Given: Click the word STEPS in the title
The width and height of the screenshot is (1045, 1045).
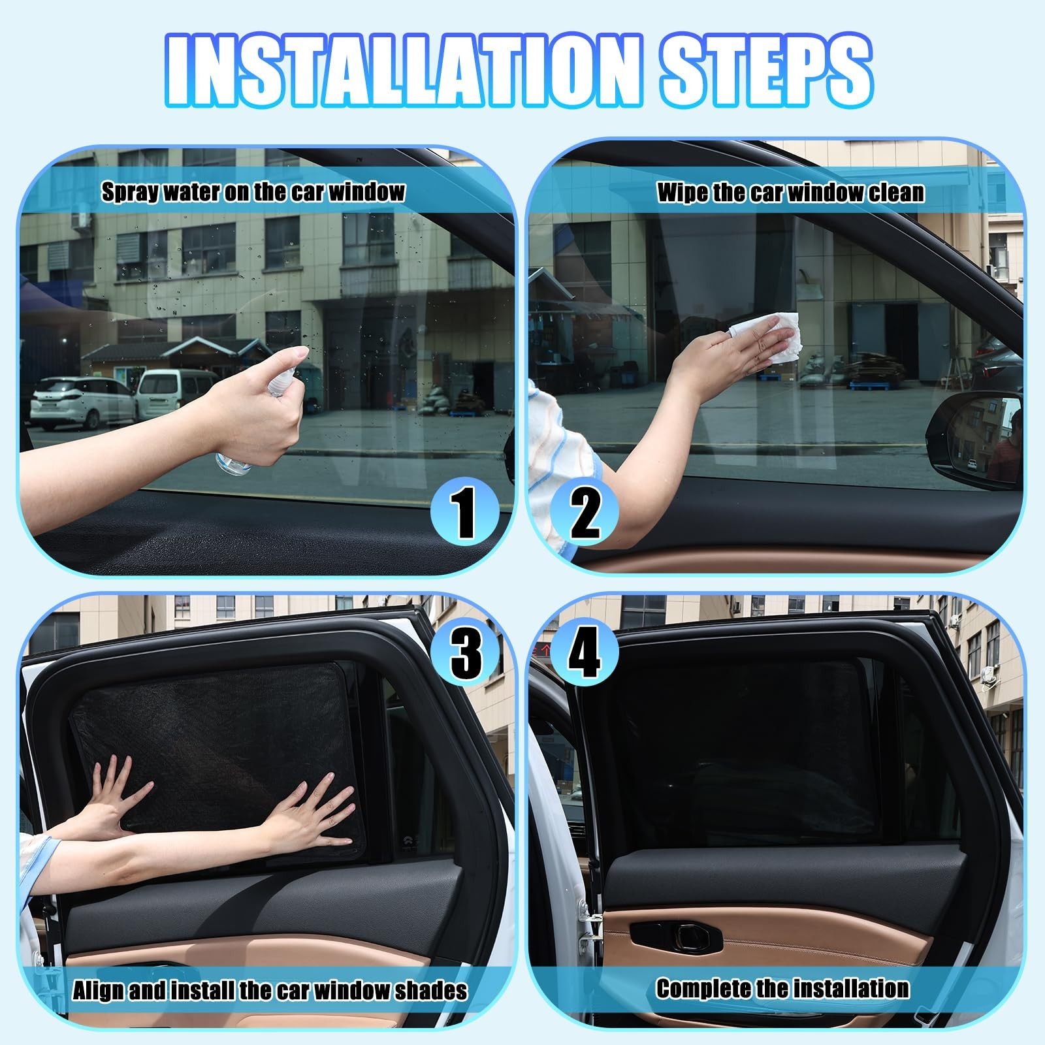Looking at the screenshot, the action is click(766, 71).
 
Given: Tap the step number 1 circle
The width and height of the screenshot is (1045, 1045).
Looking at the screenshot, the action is click(465, 513).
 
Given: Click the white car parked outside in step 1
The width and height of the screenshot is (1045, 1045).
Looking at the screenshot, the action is click(81, 402).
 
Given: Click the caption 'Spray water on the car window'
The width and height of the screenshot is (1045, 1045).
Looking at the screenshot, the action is click(253, 192).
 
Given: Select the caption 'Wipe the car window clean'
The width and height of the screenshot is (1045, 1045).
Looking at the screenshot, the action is click(790, 193).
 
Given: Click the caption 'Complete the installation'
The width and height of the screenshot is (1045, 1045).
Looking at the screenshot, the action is click(782, 988).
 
